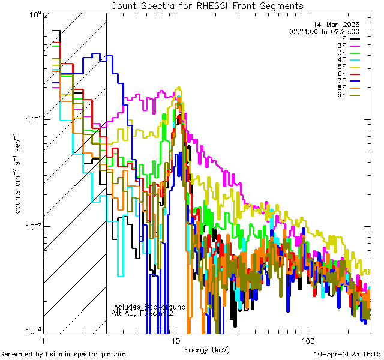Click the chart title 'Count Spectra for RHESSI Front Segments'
point(206,5)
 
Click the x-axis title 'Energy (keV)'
point(206,350)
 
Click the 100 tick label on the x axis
point(307,340)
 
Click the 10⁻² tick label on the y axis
point(31,226)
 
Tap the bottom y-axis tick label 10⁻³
point(31,330)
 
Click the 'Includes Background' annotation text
point(149,307)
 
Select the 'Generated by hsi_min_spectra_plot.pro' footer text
point(63,355)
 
